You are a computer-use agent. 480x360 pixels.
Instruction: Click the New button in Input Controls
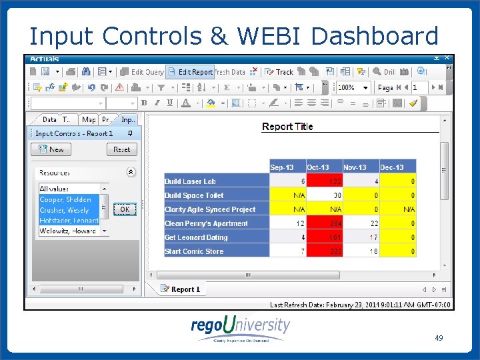(51, 150)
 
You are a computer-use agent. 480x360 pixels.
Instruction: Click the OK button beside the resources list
(125, 209)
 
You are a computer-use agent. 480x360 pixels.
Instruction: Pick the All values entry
(55, 189)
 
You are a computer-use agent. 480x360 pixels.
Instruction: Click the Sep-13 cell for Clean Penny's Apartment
(287, 223)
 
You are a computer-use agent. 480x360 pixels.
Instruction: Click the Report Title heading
(287, 127)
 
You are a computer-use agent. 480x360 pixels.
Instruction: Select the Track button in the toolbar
(279, 72)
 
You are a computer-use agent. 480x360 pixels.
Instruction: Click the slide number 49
(439, 338)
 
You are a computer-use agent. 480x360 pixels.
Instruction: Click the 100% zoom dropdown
(353, 87)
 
